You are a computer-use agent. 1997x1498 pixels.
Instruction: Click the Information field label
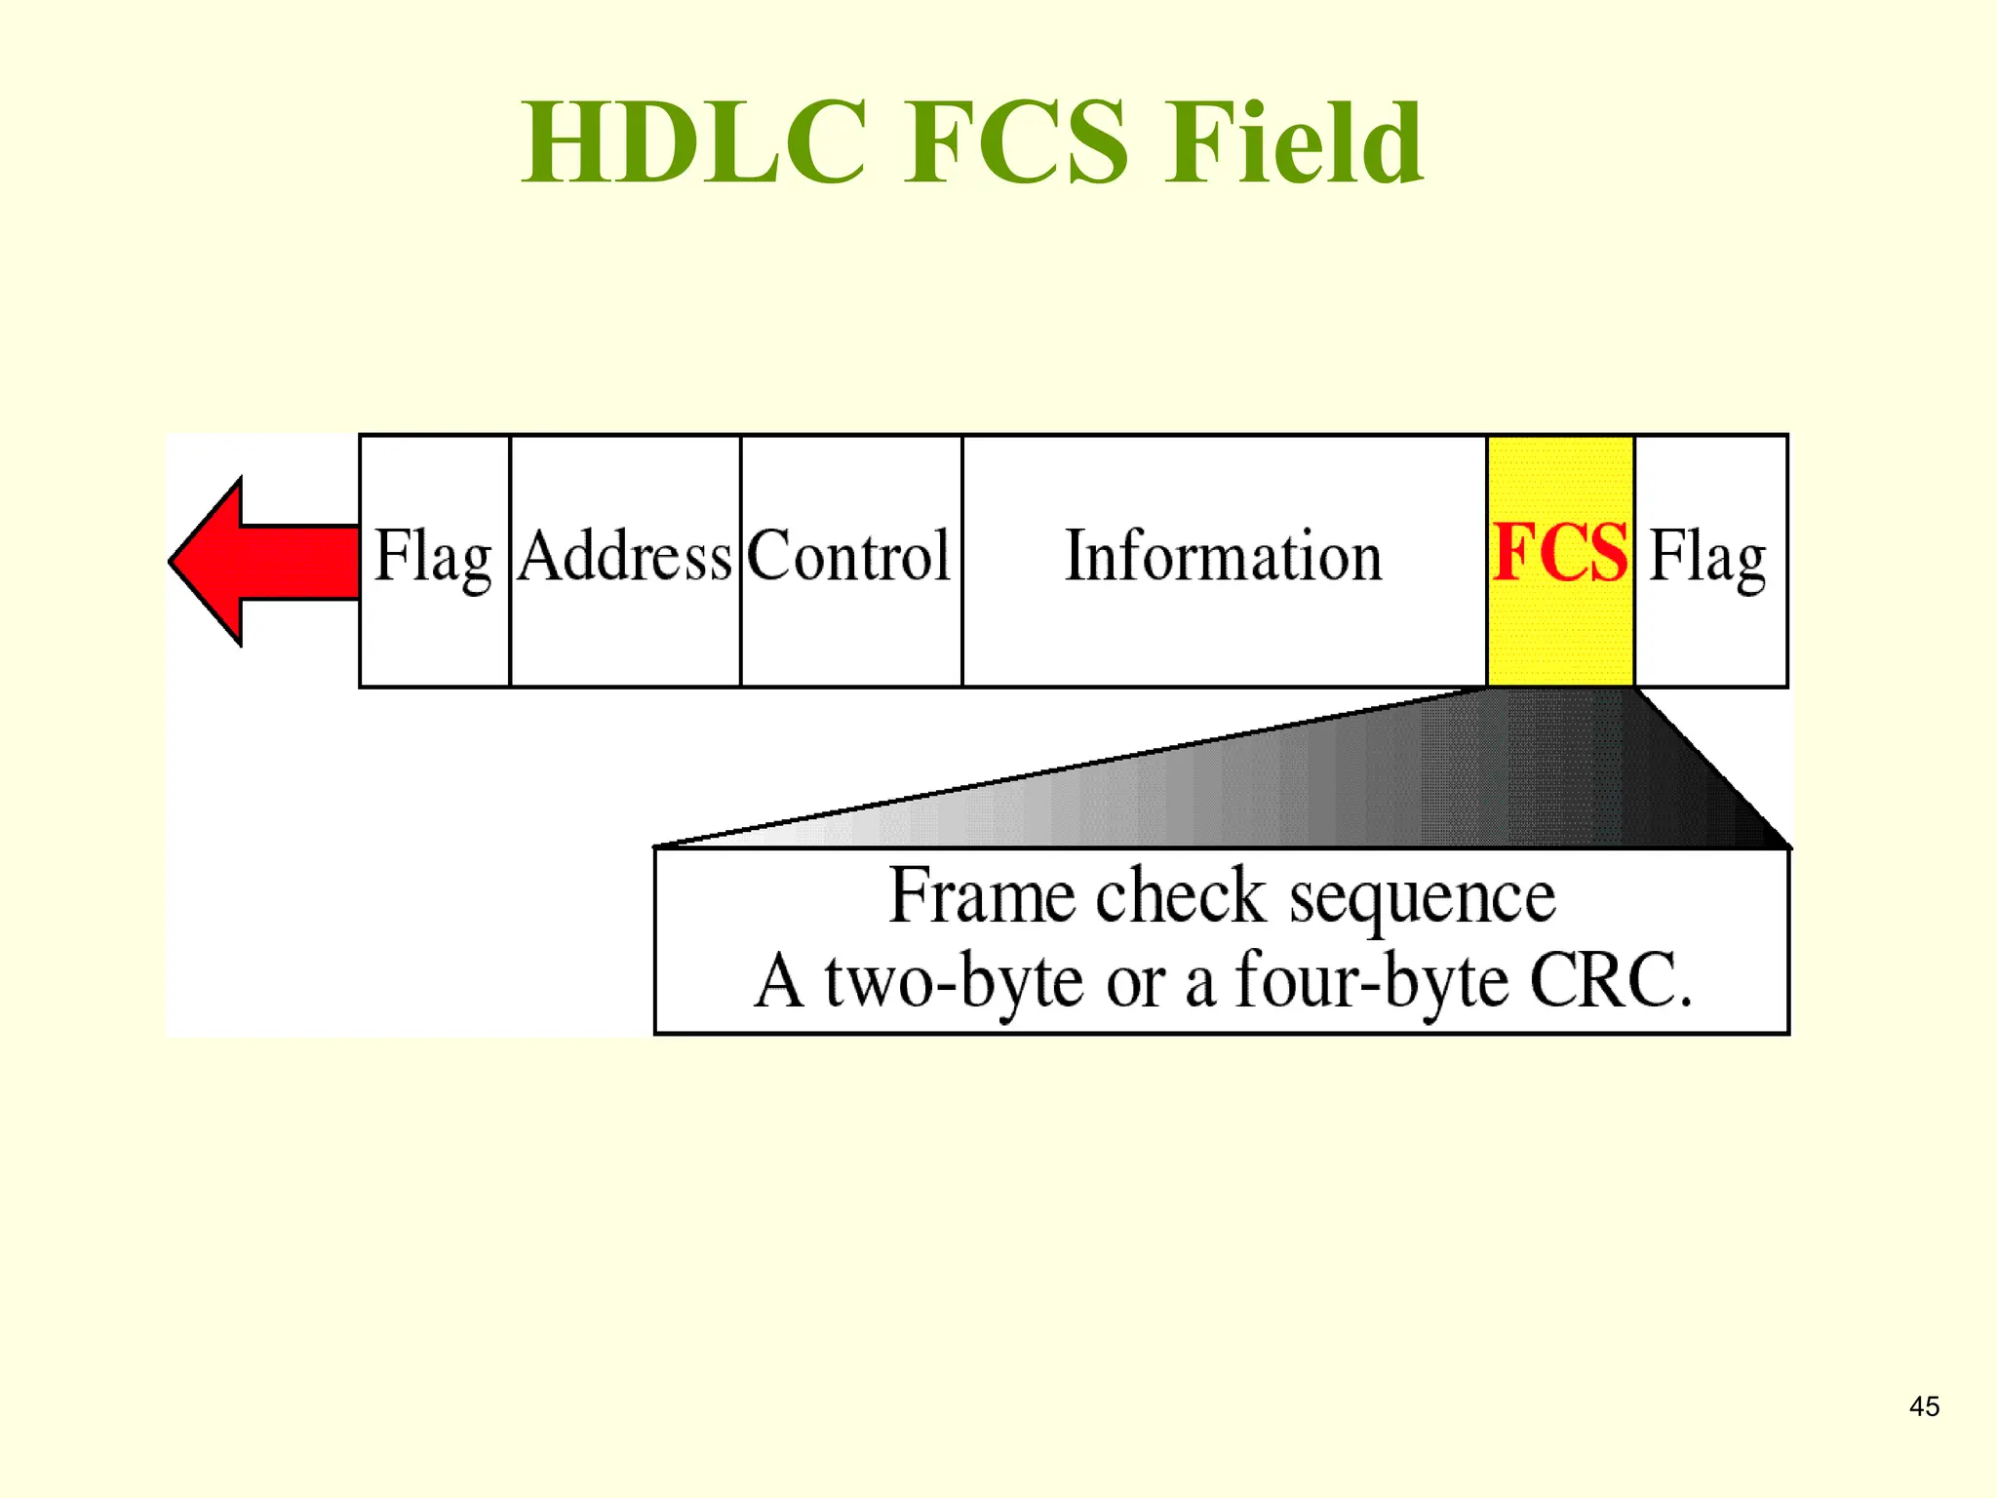tap(1223, 557)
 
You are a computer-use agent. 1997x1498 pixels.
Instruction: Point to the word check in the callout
tap(1180, 895)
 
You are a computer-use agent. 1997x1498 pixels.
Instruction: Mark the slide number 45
tap(1924, 1406)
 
